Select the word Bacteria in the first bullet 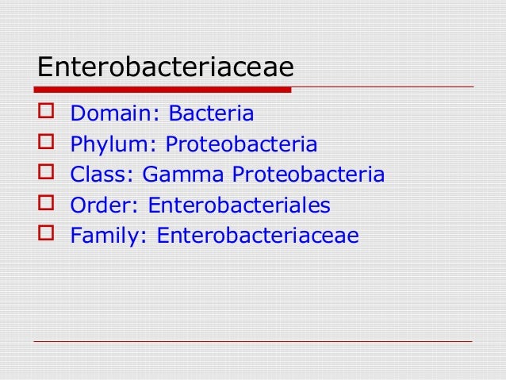pos(211,114)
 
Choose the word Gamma pos(183,175)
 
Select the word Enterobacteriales pos(240,205)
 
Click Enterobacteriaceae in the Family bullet pos(258,236)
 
